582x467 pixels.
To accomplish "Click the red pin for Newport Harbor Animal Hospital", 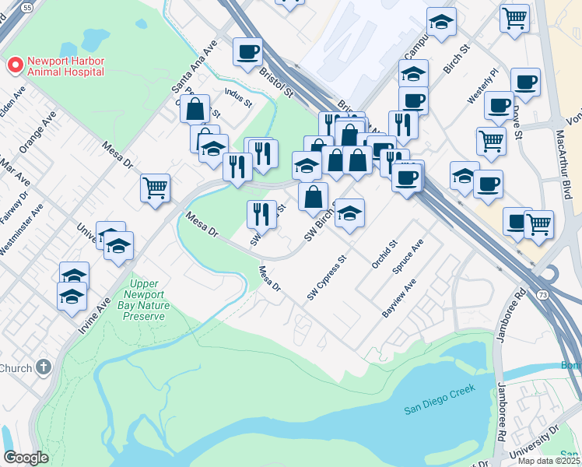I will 14,65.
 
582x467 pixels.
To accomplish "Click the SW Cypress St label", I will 325,279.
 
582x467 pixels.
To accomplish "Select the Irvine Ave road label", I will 93,314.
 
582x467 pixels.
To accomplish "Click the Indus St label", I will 238,97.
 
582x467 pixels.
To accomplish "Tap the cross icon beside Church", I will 44,366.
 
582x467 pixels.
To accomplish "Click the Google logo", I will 26,458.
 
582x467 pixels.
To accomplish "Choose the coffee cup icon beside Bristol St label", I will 247,52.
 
